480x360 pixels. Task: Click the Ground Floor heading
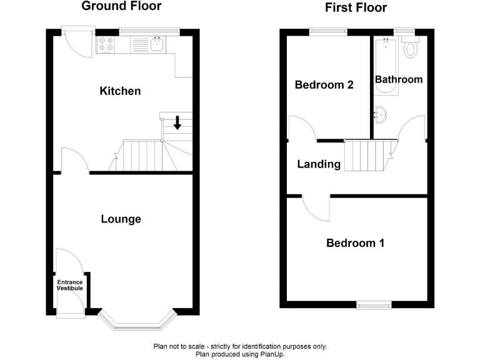click(x=121, y=7)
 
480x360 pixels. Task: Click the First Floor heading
click(x=356, y=8)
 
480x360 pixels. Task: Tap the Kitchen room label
click(x=120, y=91)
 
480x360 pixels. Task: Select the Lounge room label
click(x=121, y=219)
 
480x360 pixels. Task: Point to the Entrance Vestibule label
click(x=70, y=285)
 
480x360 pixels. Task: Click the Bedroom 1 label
click(x=355, y=243)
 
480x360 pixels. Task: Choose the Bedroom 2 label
click(x=324, y=85)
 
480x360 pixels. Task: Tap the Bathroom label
click(x=398, y=79)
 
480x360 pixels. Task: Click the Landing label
click(x=319, y=164)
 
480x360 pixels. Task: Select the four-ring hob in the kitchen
click(x=105, y=45)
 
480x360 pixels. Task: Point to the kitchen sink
click(x=156, y=44)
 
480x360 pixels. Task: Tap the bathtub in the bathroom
click(x=385, y=66)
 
